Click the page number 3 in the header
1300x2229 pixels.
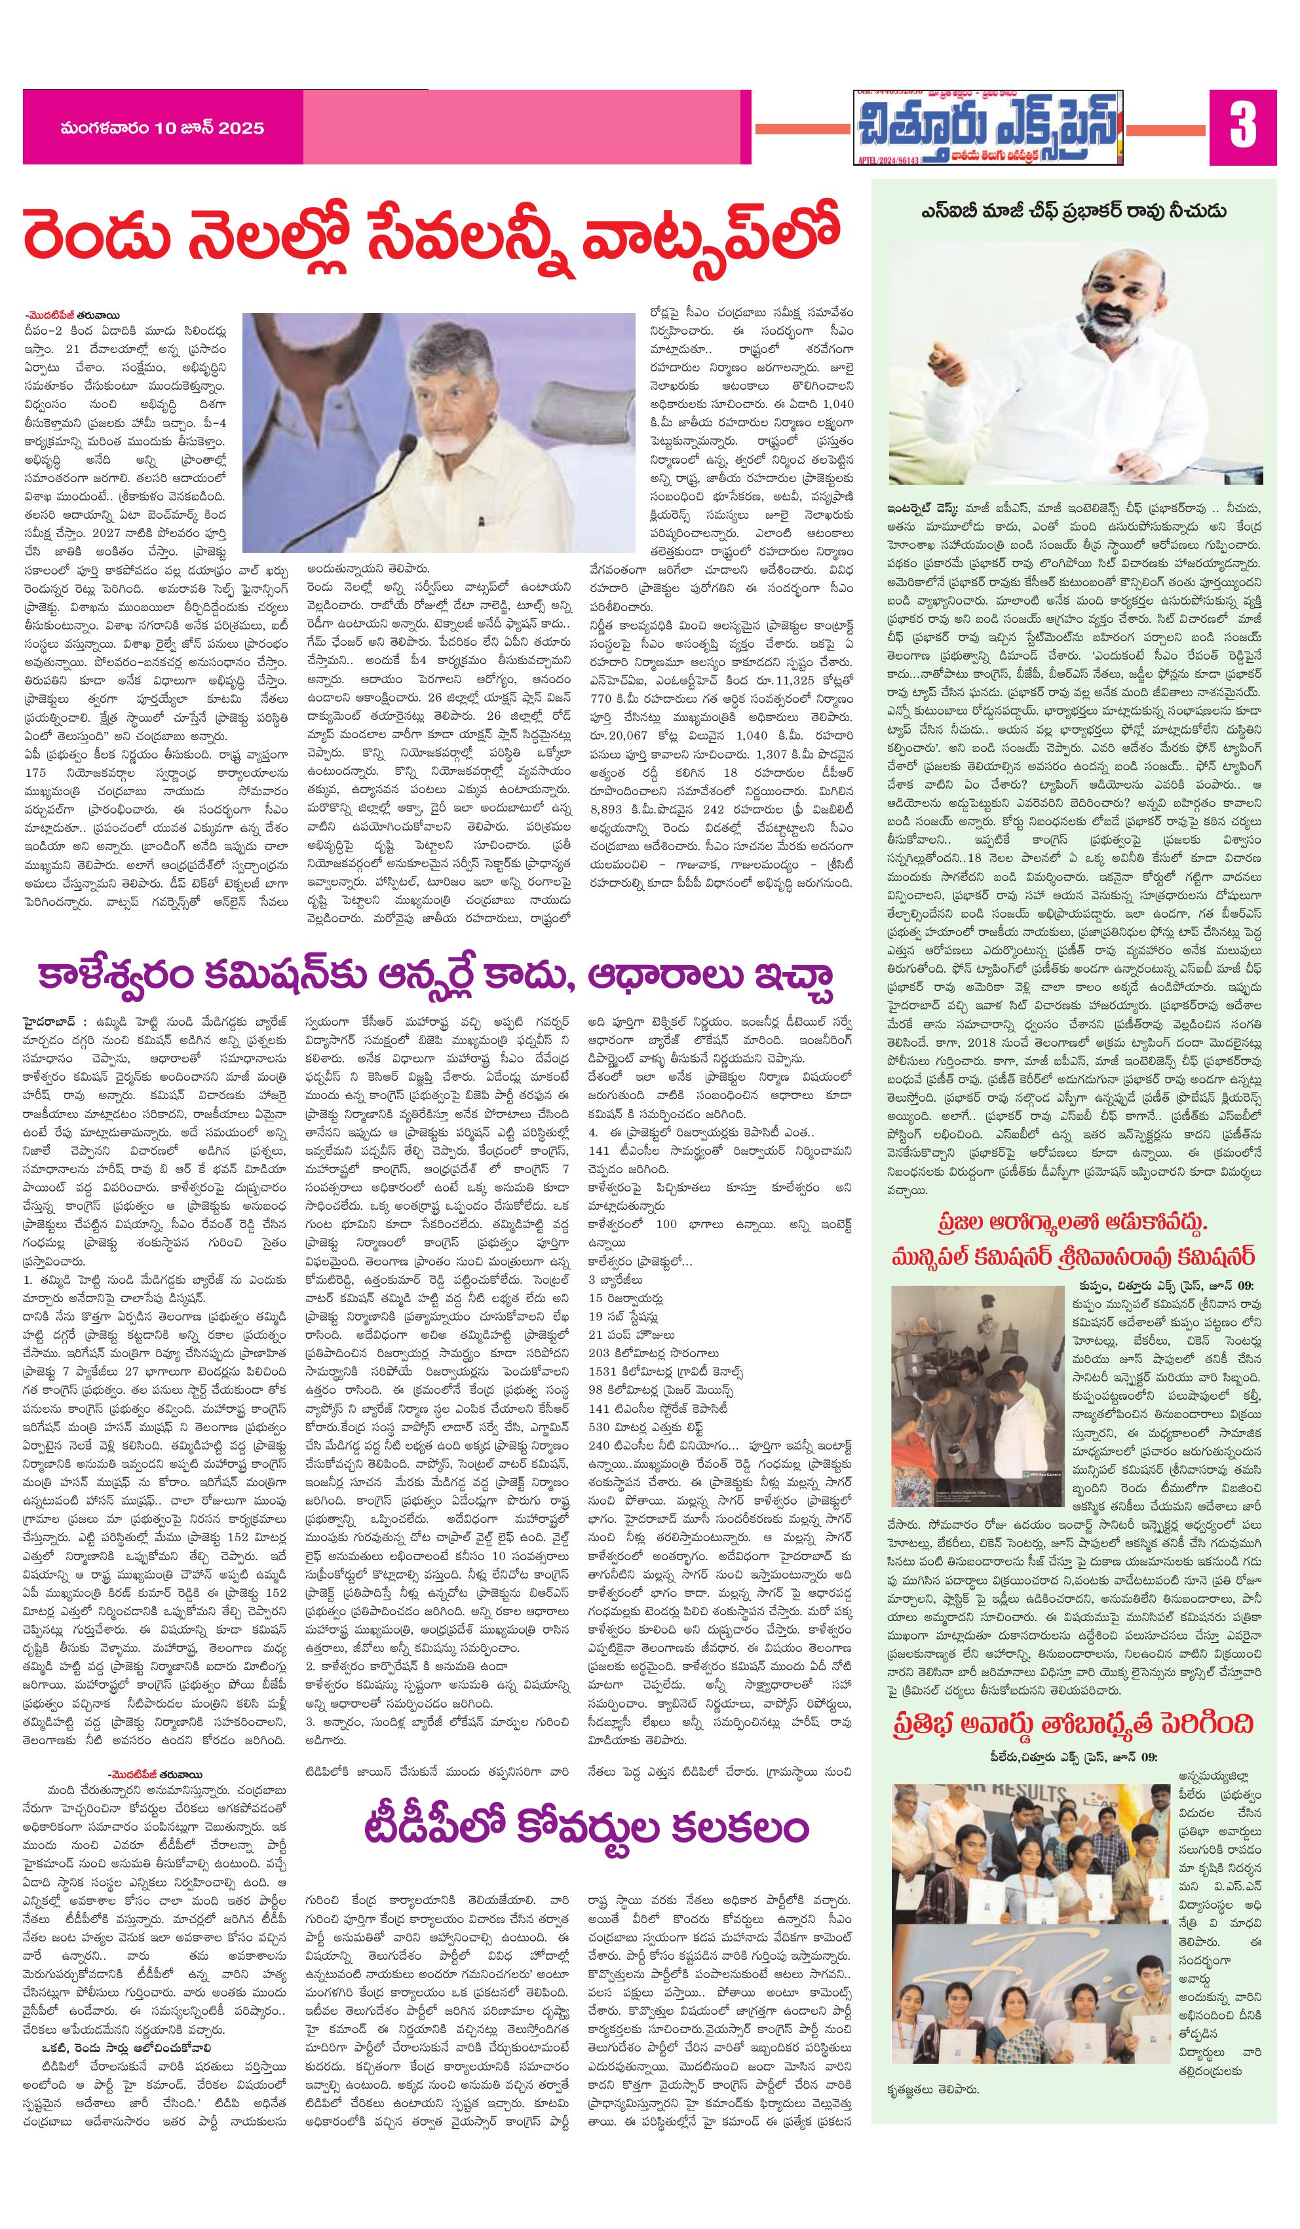1242,127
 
